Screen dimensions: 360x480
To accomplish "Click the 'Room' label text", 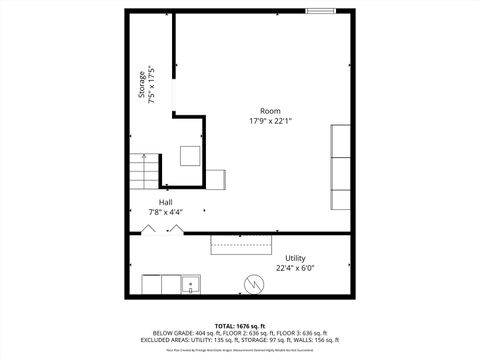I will pyautogui.click(x=270, y=111).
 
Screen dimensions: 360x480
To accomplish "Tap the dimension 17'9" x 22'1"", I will pyautogui.click(x=270, y=121).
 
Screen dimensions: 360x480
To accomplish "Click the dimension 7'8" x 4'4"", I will pyautogui.click(x=165, y=212).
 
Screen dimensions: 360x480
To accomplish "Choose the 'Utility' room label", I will pyautogui.click(x=295, y=258).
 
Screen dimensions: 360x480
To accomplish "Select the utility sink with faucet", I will pyautogui.click(x=189, y=286).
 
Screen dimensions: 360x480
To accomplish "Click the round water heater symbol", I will pyautogui.click(x=254, y=286).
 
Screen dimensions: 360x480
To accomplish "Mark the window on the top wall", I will pyautogui.click(x=321, y=11).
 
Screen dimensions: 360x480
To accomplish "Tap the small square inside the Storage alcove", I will pyautogui.click(x=190, y=155).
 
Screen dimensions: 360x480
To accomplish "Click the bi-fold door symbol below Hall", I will pyautogui.click(x=162, y=230).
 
